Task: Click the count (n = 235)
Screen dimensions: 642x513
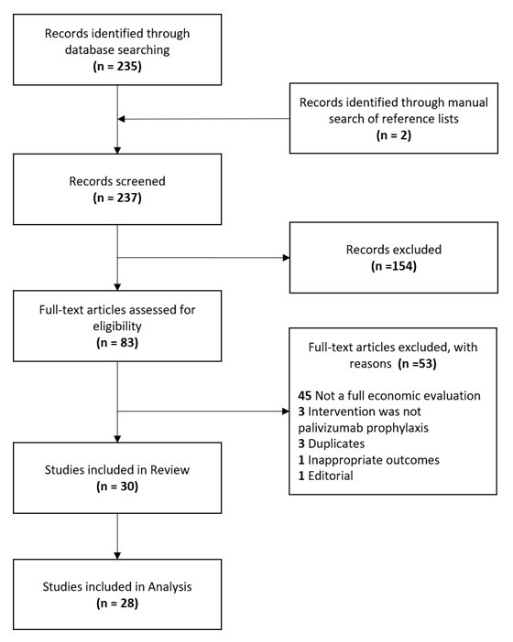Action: (118, 68)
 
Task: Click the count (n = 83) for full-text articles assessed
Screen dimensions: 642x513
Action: (118, 344)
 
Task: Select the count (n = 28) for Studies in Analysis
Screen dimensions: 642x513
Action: (118, 607)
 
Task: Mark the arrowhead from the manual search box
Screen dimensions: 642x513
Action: (126, 119)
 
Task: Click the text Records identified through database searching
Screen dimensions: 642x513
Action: (118, 43)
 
